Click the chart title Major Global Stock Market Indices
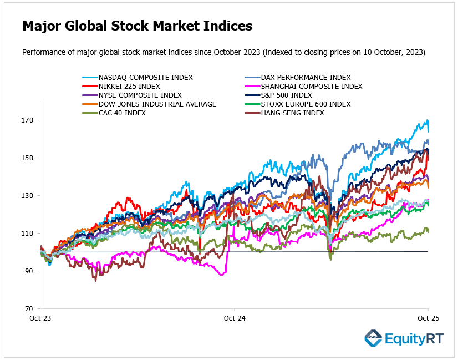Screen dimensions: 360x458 137,26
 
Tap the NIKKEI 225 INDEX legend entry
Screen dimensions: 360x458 129,87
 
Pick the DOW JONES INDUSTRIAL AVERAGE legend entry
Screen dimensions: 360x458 157,104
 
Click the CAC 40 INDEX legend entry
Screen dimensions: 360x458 122,113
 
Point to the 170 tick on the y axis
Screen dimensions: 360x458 28,120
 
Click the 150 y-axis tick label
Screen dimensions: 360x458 28,158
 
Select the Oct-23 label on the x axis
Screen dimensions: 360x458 40,319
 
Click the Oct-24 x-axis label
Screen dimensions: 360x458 234,319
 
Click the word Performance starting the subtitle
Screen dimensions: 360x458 42,53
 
